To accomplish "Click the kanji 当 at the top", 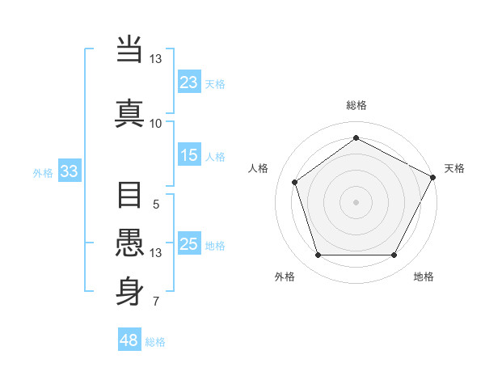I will click(x=130, y=50).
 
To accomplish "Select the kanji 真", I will click(x=130, y=112).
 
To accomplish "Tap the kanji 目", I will click(x=130, y=196).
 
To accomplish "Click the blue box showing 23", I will click(x=189, y=82).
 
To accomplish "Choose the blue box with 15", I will click(x=189, y=155).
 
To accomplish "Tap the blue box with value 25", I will click(x=189, y=244).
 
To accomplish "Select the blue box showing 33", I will click(x=69, y=171).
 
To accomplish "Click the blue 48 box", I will click(x=129, y=340).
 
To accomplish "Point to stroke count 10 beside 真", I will click(x=155, y=124).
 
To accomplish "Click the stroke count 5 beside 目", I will click(x=155, y=205).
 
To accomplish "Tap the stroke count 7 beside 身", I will click(x=155, y=302).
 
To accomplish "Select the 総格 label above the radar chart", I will click(x=356, y=105).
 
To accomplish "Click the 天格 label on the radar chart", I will click(x=454, y=168).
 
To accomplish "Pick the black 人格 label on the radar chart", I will click(x=259, y=168).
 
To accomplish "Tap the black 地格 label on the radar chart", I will click(x=424, y=277).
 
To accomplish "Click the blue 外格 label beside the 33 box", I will click(x=43, y=172).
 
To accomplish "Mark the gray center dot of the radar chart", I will click(x=356, y=201).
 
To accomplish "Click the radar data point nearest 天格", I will click(x=434, y=176).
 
